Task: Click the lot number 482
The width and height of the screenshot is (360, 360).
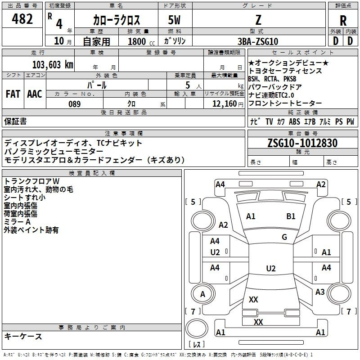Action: tap(22, 19)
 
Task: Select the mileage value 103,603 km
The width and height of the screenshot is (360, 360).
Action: tap(53, 65)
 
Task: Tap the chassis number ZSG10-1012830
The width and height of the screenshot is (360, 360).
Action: tap(302, 143)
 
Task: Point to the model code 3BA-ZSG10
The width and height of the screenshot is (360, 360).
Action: tap(258, 41)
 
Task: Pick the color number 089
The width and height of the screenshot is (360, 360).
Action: tap(75, 104)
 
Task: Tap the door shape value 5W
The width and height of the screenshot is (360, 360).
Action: tap(174, 20)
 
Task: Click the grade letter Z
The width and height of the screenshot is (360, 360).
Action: tap(258, 20)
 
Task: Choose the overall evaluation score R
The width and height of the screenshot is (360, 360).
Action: tap(343, 21)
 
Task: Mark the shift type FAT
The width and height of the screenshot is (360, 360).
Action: tap(13, 94)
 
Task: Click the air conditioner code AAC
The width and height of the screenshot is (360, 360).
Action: tap(35, 94)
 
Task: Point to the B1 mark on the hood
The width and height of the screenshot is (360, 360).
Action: tap(291, 216)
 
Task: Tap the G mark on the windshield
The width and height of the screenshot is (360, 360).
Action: tap(284, 237)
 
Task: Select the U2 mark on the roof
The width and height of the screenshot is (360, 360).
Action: tap(271, 268)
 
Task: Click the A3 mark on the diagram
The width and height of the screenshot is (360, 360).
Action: tap(320, 292)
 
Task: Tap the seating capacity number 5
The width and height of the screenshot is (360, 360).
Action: tap(188, 85)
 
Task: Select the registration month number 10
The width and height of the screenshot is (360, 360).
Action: tap(59, 41)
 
